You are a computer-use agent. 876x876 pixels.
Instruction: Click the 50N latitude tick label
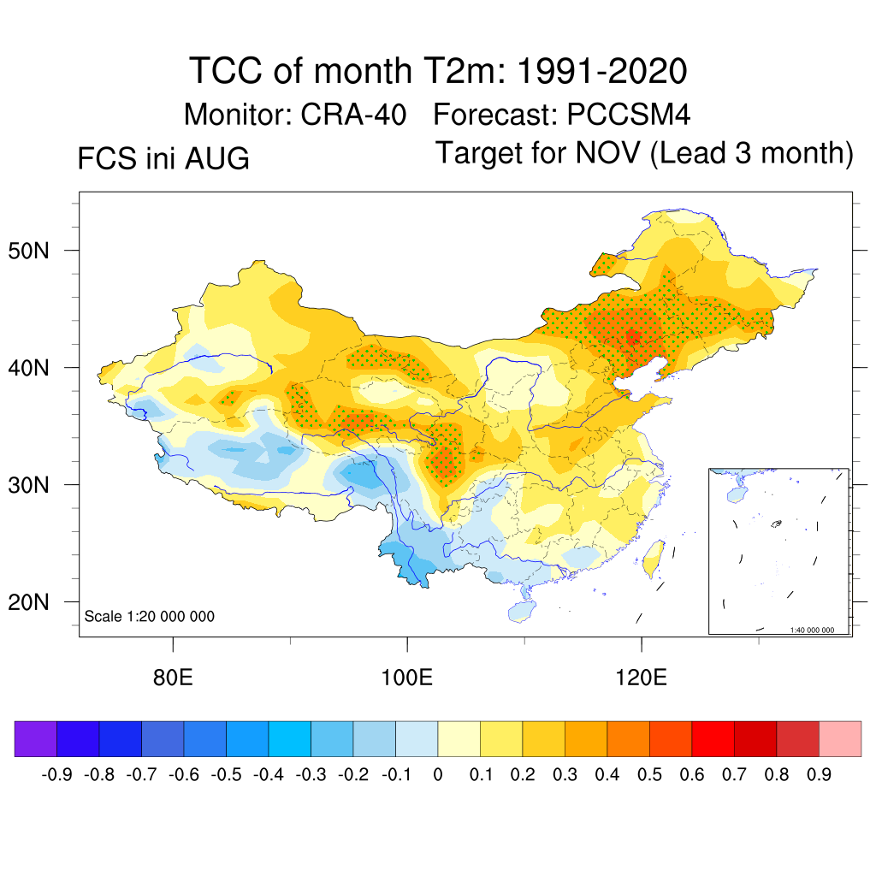[x=28, y=251]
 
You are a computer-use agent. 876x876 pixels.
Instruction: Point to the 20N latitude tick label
[x=28, y=602]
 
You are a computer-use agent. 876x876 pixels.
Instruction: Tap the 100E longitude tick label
[x=406, y=678]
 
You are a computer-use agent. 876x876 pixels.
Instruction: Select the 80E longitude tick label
[x=173, y=678]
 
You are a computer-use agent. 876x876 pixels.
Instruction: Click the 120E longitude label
[x=641, y=678]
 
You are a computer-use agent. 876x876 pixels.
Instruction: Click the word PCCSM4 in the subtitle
[x=629, y=115]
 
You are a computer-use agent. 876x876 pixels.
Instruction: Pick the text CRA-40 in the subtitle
[x=353, y=115]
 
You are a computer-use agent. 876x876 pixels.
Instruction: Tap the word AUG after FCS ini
[x=216, y=158]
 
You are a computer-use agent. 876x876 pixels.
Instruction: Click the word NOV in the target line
[x=608, y=152]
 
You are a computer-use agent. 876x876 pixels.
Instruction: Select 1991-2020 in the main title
[x=601, y=71]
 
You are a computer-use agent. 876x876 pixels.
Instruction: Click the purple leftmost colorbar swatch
[x=36, y=739]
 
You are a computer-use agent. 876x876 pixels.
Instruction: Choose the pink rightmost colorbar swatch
[x=840, y=739]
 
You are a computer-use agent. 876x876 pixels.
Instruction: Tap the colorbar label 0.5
[x=649, y=775]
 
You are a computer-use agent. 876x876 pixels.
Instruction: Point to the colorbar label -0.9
[x=56, y=775]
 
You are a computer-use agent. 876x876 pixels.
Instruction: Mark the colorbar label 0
[x=438, y=775]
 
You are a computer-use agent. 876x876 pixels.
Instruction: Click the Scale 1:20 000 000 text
[x=149, y=616]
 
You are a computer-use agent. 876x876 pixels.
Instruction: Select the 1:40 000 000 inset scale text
[x=812, y=630]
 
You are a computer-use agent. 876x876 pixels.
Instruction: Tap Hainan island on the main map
[x=522, y=612]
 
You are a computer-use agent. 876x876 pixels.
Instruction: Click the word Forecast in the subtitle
[x=495, y=115]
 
